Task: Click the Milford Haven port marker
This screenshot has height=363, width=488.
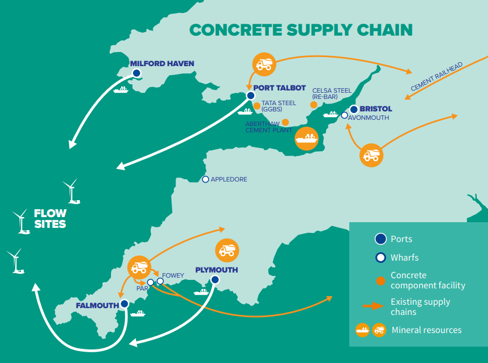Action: pos(136,73)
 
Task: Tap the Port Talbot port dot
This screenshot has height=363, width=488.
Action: pos(251,96)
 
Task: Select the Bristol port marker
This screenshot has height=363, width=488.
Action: pos(354,109)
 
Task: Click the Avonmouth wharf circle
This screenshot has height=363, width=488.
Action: pos(344,115)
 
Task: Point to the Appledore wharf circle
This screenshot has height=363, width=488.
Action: pos(206,179)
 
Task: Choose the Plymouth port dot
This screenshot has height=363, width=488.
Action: pos(215,280)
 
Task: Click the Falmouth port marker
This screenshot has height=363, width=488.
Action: pos(125,304)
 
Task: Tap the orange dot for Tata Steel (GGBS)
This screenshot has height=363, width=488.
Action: pos(257,106)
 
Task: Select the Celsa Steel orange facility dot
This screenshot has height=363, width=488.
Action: pos(314,105)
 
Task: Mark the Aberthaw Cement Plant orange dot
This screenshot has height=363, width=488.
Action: pos(285,122)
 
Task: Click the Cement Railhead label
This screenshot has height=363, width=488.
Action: pos(436,76)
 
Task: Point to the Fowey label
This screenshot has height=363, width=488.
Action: pos(173,275)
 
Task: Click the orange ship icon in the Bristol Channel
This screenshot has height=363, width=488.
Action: pos(306,139)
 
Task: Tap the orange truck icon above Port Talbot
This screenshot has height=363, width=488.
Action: pos(264,64)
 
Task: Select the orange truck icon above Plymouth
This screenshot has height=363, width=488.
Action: pos(227,250)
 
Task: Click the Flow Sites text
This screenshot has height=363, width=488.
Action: pos(50,218)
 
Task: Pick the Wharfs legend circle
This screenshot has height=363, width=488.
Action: pos(380,258)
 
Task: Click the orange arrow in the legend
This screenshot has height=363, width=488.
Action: pos(373,306)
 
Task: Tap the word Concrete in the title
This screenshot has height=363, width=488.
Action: pos(236,30)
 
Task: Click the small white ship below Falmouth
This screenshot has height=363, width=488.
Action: pos(138,313)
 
